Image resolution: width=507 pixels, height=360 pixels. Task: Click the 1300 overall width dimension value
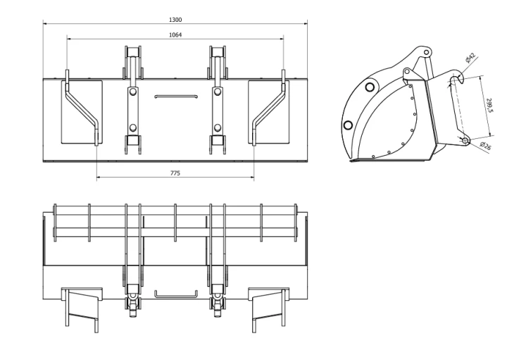click(175, 20)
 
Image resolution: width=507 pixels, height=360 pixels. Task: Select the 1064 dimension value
click(175, 35)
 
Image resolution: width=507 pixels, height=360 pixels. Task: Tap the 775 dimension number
click(175, 173)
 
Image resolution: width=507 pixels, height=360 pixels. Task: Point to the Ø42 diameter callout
click(470, 58)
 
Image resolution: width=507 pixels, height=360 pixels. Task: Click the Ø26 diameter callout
click(486, 146)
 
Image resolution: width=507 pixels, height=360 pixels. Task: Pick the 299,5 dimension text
click(489, 106)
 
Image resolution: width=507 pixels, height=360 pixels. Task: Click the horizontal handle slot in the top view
click(176, 97)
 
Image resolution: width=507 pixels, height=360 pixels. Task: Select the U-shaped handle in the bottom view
click(176, 295)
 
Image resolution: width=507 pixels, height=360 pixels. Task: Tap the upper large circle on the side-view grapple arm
click(370, 87)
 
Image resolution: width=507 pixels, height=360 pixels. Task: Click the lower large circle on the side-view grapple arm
click(348, 125)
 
